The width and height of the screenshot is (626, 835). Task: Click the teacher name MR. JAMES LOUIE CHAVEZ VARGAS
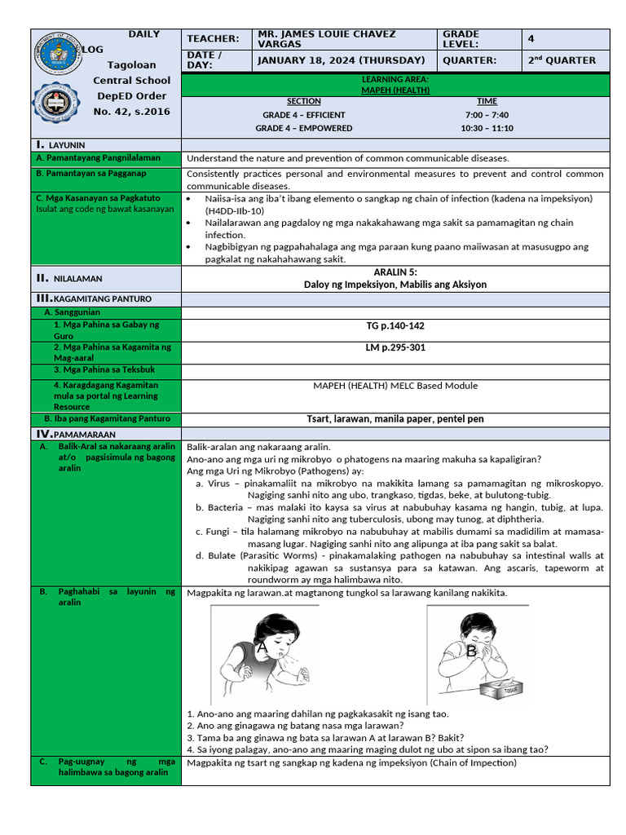(326, 38)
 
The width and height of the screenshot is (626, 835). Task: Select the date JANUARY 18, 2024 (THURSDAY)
(341, 60)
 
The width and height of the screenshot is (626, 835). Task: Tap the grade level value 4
(531, 38)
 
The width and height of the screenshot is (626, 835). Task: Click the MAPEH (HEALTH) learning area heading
(395, 91)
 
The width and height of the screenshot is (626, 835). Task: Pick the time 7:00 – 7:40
(487, 115)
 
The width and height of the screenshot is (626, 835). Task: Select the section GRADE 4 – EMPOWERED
(304, 128)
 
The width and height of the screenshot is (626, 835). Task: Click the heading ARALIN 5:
(395, 272)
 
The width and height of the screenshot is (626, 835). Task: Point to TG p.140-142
(395, 326)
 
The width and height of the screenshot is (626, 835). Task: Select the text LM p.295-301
(395, 347)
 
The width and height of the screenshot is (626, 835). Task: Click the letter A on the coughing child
(262, 647)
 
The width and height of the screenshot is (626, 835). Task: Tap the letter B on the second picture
(471, 651)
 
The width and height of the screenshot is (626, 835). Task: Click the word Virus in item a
(219, 483)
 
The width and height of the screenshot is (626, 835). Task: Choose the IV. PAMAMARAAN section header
(73, 434)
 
